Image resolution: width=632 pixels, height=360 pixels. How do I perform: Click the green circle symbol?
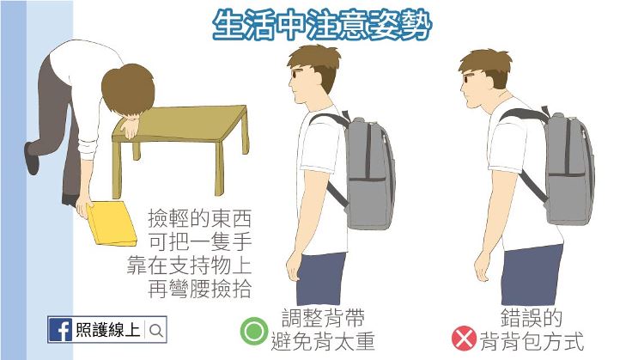(254, 332)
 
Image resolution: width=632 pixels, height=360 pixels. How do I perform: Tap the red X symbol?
(464, 339)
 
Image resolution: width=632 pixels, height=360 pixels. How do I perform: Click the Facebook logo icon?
(60, 330)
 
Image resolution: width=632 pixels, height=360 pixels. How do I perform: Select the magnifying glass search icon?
(156, 331)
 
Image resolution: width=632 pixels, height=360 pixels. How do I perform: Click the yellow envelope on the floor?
(112, 223)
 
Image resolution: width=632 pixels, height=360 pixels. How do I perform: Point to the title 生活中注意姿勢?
(322, 25)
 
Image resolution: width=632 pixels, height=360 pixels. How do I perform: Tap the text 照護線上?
(107, 330)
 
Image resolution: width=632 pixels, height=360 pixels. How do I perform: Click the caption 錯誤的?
(532, 318)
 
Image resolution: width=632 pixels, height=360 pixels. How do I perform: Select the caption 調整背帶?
(323, 318)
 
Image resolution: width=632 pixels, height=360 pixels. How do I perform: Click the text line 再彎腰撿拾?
(199, 289)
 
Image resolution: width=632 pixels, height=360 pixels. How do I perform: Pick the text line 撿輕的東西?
(199, 218)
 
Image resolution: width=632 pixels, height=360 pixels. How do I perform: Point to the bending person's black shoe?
(32, 158)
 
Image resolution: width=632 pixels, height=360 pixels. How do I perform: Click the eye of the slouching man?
(468, 78)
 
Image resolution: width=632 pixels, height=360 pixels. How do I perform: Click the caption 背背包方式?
(532, 341)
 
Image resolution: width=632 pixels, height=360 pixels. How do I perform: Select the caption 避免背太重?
(323, 341)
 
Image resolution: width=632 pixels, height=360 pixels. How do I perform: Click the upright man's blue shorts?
(321, 278)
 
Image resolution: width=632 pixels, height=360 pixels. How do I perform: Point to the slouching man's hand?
(483, 266)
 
